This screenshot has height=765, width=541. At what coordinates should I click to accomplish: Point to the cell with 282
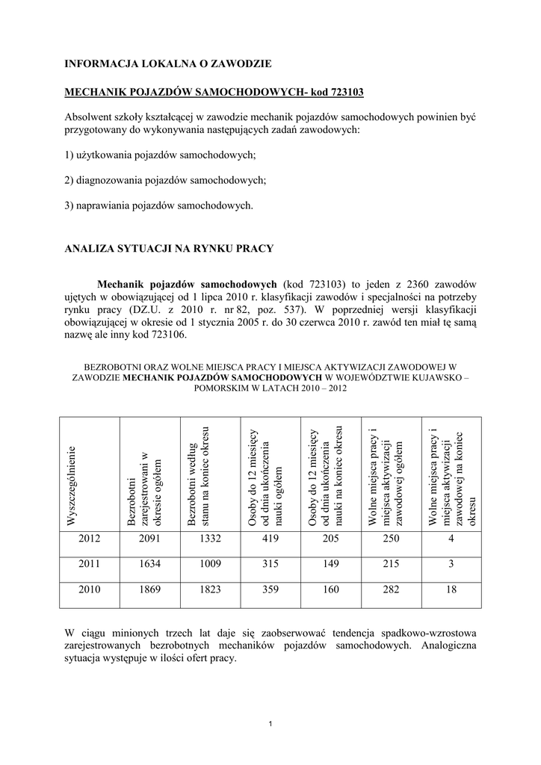pyautogui.click(x=391, y=589)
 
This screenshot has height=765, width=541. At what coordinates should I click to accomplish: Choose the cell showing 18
pyautogui.click(x=451, y=589)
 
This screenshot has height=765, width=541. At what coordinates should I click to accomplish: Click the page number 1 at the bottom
pyautogui.click(x=270, y=722)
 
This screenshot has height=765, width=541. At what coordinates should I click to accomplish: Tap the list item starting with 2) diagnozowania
pyautogui.click(x=165, y=180)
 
